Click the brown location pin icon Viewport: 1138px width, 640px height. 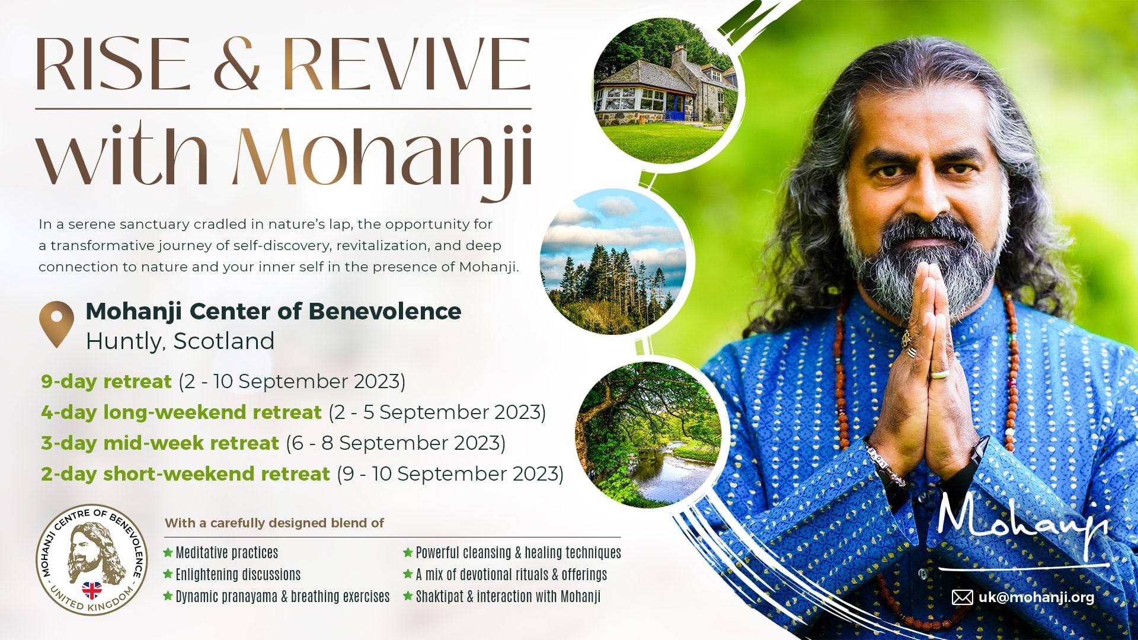[x=56, y=324]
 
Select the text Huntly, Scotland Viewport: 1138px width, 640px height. [x=180, y=341]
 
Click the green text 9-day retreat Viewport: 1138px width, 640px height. [x=106, y=382]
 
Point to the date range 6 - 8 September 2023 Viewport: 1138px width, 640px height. [x=395, y=443]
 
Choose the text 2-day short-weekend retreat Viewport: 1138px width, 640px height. [x=186, y=474]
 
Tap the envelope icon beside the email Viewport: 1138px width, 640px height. [x=962, y=597]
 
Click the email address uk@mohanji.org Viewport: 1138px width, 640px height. [x=1036, y=597]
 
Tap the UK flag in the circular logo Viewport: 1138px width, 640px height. [x=92, y=590]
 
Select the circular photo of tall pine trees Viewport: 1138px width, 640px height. [x=613, y=261]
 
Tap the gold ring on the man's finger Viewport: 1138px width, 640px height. [x=939, y=375]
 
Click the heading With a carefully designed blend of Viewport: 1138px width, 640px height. [x=274, y=523]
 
